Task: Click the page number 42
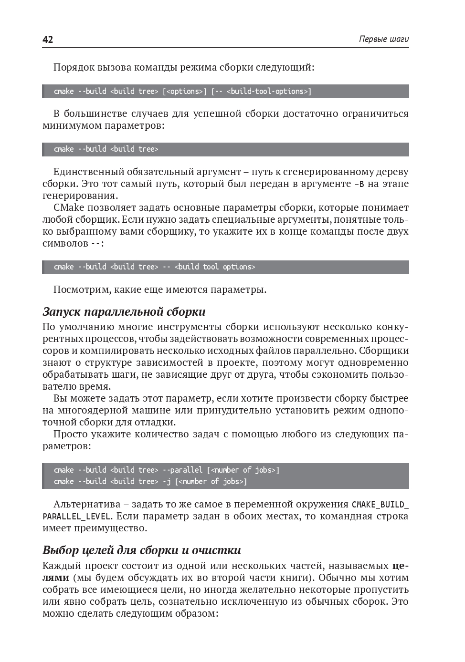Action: click(48, 40)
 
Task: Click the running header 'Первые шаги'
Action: click(383, 40)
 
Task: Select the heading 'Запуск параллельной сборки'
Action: click(124, 312)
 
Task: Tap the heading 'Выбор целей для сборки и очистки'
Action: click(141, 550)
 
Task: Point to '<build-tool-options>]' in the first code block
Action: click(269, 91)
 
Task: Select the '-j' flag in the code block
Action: click(167, 481)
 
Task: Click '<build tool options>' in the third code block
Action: click(215, 267)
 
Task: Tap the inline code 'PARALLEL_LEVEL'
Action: click(77, 517)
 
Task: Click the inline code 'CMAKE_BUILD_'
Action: click(380, 505)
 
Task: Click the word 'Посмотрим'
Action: click(79, 290)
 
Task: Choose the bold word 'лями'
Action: click(56, 578)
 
